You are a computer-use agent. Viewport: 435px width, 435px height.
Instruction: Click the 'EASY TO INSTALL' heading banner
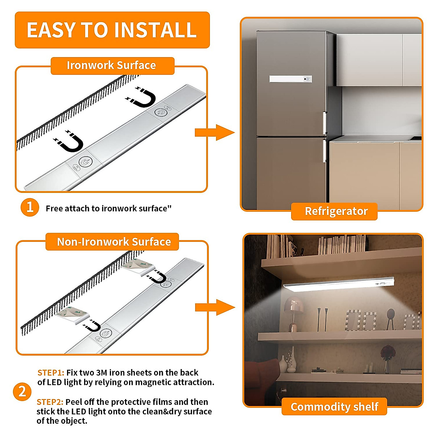[112, 30]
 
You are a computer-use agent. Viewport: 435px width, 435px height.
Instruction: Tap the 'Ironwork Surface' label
[112, 66]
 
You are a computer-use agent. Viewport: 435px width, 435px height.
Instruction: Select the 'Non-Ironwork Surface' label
[113, 242]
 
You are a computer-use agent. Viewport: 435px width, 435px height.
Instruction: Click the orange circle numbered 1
[30, 207]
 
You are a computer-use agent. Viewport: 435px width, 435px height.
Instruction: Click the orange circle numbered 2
[22, 391]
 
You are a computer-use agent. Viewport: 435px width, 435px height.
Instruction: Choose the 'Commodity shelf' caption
[334, 407]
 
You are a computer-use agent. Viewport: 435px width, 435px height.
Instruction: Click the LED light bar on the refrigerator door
[290, 79]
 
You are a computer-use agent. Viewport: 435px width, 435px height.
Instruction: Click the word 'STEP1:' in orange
[51, 373]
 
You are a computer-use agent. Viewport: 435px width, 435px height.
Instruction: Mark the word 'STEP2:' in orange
[50, 402]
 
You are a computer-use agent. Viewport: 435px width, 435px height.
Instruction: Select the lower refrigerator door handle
[325, 151]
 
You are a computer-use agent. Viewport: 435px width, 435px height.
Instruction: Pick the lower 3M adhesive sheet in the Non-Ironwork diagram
[73, 315]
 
